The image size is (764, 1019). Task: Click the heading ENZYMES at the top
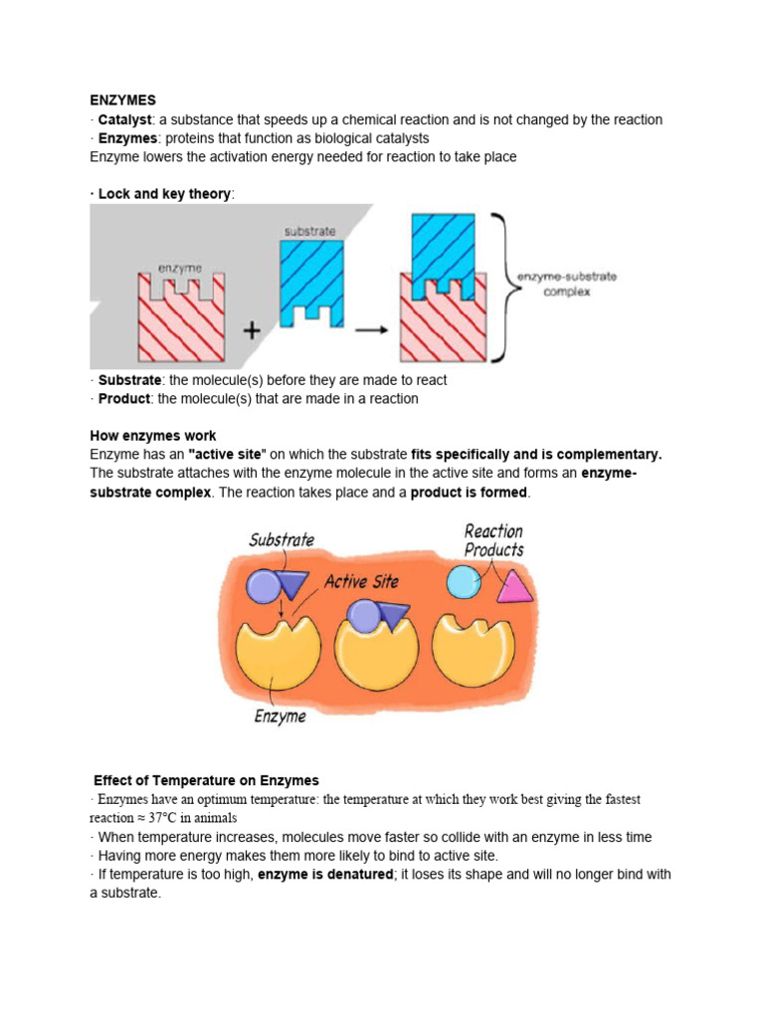(122, 101)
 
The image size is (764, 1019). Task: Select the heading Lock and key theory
(164, 194)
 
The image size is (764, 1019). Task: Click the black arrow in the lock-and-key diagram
(372, 332)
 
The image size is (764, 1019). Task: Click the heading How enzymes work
(153, 436)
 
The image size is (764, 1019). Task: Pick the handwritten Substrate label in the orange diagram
(282, 540)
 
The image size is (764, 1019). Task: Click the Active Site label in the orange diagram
(361, 581)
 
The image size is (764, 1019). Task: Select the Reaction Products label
(493, 540)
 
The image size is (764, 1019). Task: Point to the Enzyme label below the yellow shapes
(280, 715)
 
